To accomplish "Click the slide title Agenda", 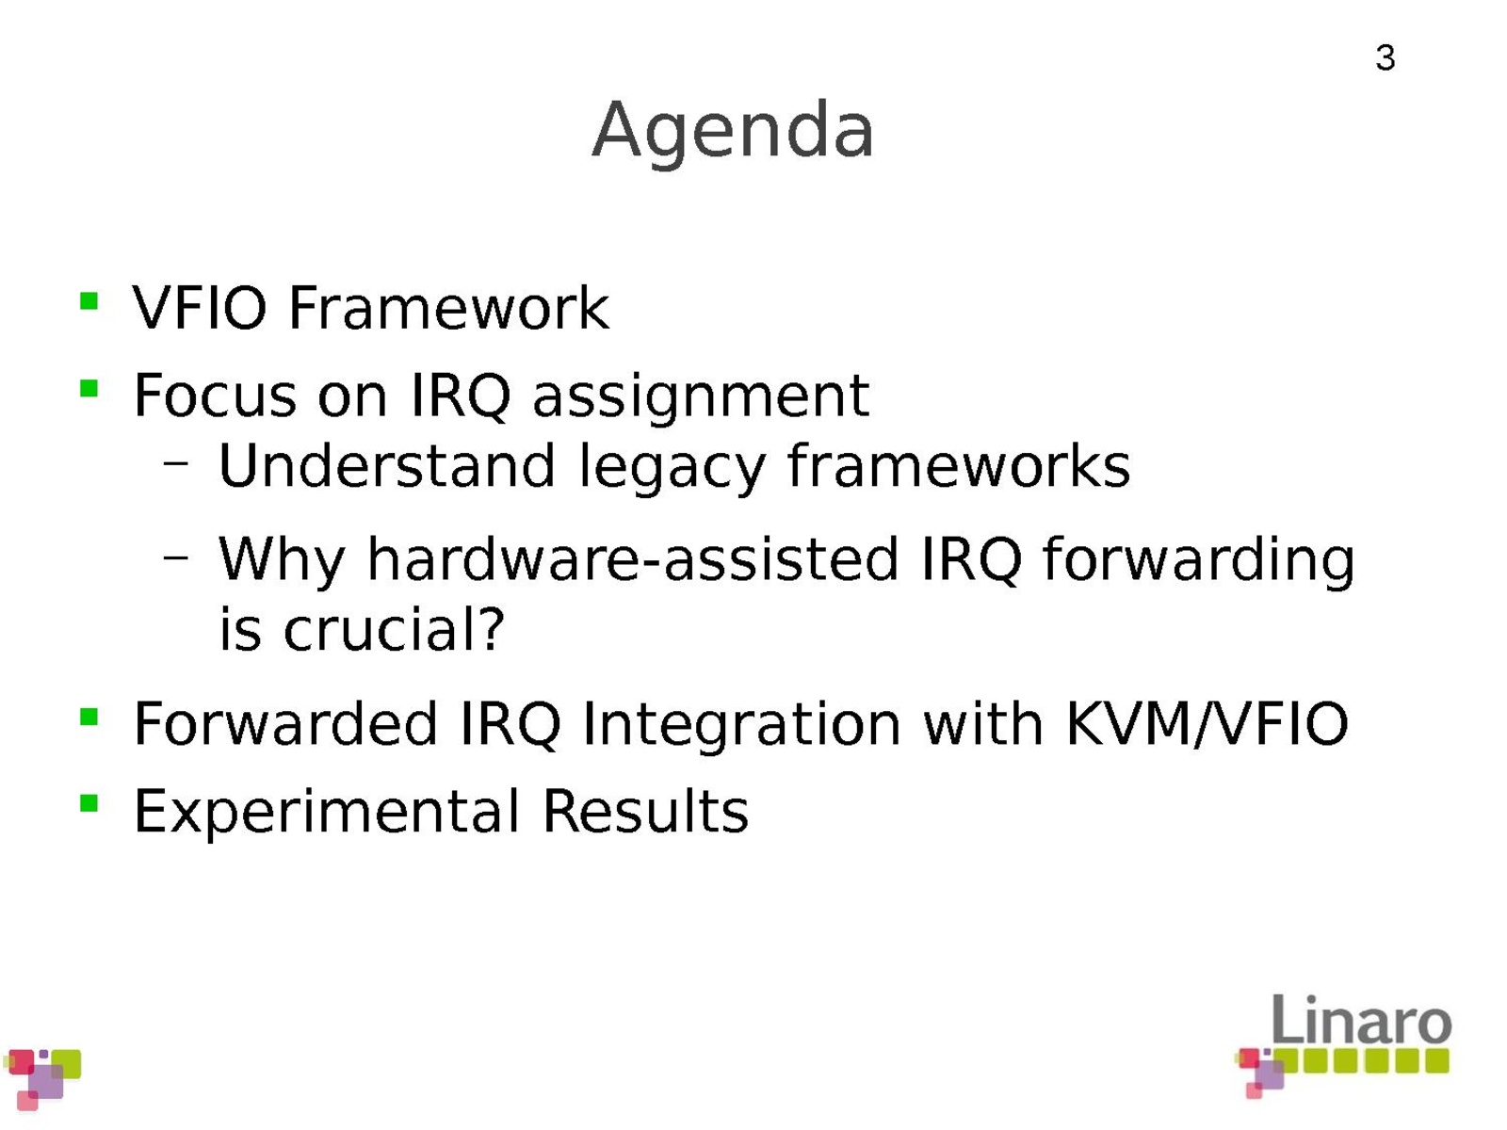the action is tap(733, 133).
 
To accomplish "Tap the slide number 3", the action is tap(1385, 57).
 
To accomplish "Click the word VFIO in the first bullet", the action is tap(200, 307).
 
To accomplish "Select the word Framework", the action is tap(449, 307).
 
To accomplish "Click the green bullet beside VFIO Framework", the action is tap(89, 301).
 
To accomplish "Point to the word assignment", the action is tap(701, 398).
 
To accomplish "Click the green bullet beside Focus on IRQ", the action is tap(89, 388).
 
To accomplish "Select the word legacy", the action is tap(671, 469).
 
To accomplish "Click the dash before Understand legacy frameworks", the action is tap(176, 463).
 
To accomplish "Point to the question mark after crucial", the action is tap(492, 628).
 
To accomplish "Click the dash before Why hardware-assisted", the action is tap(176, 557).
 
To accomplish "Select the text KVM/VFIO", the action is tap(1207, 724).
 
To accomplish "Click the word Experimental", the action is tap(327, 814).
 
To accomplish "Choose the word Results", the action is tap(645, 811).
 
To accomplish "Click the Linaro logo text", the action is tap(1361, 1020).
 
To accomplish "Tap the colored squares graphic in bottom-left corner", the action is tap(42, 1078).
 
